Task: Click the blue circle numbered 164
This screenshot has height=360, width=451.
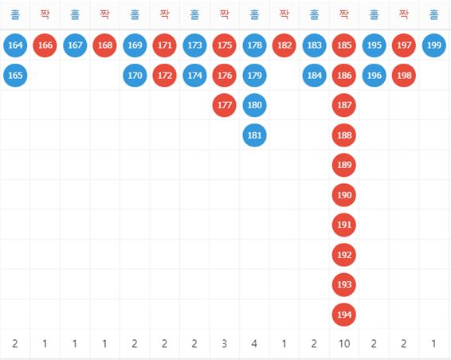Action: [x=15, y=45]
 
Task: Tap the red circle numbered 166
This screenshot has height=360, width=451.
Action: [x=45, y=45]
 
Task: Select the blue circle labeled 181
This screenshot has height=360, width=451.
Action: [x=254, y=135]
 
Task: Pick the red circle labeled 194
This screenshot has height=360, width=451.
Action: [x=344, y=315]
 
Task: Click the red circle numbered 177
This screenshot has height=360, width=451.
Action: [x=225, y=105]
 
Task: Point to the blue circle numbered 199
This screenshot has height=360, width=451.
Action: [x=434, y=45]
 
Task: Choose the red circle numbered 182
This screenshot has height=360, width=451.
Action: [x=284, y=45]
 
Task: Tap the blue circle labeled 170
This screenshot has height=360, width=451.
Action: [x=135, y=75]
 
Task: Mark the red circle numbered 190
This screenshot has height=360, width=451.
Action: [x=344, y=195]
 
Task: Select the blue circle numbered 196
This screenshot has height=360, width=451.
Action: [x=375, y=75]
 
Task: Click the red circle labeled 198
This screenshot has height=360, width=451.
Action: [x=404, y=75]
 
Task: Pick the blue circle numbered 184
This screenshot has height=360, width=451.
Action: [x=315, y=75]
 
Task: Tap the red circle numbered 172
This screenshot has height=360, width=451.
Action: [x=164, y=75]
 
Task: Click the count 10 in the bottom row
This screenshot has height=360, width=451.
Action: [x=344, y=343]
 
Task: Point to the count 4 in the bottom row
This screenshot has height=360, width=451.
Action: [x=254, y=343]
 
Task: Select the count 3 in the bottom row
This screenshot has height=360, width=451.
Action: [x=225, y=343]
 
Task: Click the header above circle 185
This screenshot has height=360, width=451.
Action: [x=344, y=14]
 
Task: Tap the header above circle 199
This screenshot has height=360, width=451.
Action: [x=434, y=14]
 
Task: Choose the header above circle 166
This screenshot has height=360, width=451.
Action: [x=45, y=14]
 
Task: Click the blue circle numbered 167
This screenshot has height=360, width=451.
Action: [x=75, y=45]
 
